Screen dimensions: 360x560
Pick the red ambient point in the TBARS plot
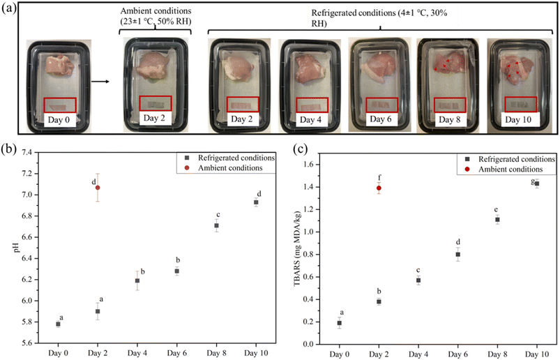(379, 188)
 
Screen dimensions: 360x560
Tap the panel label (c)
(298, 148)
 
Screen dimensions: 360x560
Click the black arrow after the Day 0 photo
(101, 82)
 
